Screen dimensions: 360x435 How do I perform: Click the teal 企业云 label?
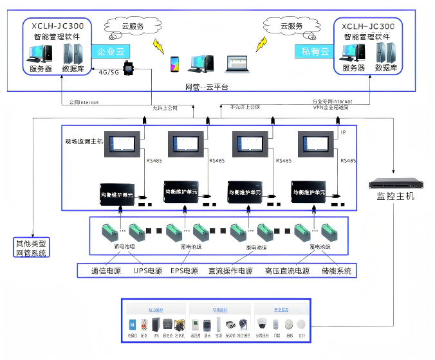click(x=110, y=51)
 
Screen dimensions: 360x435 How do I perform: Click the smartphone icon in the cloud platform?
click(x=174, y=63)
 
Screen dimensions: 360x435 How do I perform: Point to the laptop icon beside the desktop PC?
click(x=235, y=63)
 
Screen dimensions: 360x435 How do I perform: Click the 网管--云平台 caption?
click(x=207, y=87)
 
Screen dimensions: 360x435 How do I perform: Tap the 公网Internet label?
click(x=84, y=102)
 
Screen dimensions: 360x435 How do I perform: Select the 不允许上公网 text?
click(x=246, y=107)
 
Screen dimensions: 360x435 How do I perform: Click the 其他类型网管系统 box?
click(x=30, y=248)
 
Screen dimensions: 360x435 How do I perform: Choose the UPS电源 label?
click(x=147, y=271)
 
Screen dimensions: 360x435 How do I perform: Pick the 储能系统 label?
click(x=336, y=271)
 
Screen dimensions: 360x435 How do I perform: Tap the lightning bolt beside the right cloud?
click(x=261, y=44)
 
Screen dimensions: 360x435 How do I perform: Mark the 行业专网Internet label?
click(x=332, y=101)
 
